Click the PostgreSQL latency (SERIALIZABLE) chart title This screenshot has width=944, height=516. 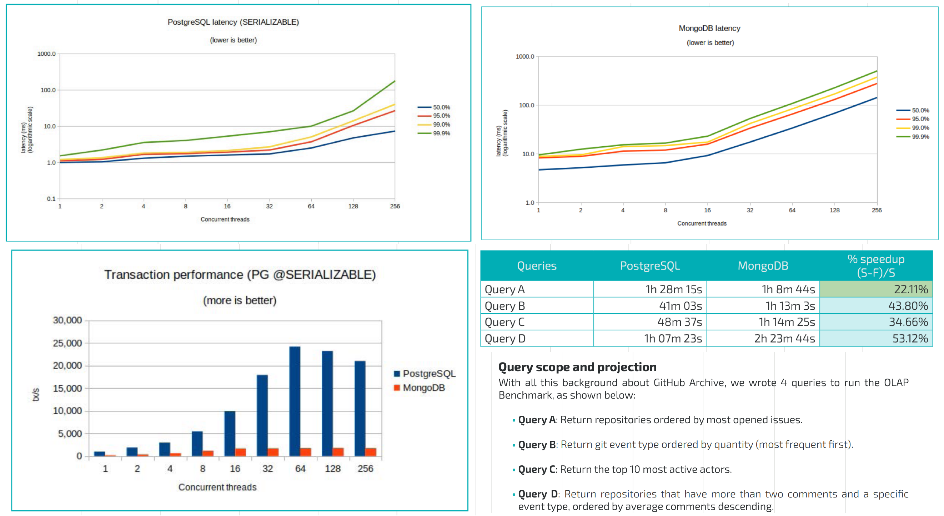pos(233,22)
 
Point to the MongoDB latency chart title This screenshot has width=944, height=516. pos(709,28)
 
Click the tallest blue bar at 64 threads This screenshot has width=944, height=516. pos(295,401)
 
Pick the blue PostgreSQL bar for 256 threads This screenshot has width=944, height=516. pos(360,408)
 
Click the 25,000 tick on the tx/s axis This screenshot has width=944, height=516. pos(67,343)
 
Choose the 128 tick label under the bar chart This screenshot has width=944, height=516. pos(333,469)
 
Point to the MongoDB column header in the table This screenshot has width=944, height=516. pos(763,266)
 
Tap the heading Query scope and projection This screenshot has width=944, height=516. pos(577,367)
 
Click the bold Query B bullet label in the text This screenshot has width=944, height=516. pos(537,445)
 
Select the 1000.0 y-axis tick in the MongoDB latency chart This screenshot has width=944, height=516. pos(525,56)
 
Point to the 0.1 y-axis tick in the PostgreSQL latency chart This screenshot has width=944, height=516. pos(51,199)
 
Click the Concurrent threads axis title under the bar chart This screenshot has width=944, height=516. pos(217,487)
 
